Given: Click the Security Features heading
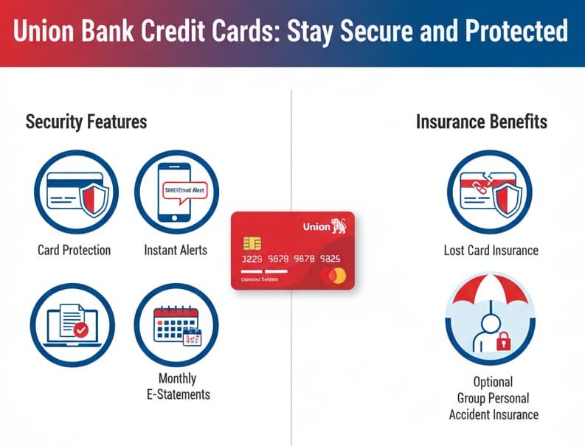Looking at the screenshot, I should pyautogui.click(x=86, y=122).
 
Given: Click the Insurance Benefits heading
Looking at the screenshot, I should pyautogui.click(x=481, y=122).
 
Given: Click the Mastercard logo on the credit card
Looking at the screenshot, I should pyautogui.click(x=333, y=276).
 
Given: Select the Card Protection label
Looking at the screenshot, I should pyautogui.click(x=74, y=251).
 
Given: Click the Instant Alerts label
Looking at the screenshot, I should pyautogui.click(x=176, y=251).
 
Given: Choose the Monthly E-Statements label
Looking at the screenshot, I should pyautogui.click(x=177, y=386).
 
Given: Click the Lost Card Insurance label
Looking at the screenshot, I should pyautogui.click(x=491, y=251).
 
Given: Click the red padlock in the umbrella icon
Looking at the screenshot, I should pyautogui.click(x=505, y=341).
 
